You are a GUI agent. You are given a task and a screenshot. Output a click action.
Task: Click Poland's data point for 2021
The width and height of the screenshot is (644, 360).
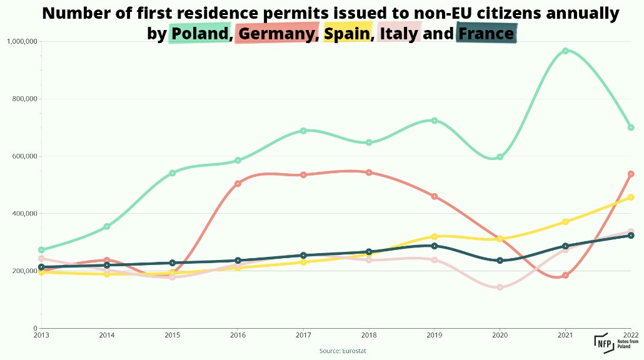565,51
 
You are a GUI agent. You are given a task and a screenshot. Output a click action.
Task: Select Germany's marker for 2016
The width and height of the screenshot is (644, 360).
238,184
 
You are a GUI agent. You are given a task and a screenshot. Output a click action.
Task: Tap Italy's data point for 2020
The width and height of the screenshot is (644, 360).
500,287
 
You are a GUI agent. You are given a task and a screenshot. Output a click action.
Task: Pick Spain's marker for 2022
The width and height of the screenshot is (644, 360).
631,197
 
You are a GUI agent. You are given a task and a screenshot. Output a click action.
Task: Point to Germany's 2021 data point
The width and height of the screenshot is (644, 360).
565,275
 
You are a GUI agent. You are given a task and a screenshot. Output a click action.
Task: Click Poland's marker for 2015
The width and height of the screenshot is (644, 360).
172,173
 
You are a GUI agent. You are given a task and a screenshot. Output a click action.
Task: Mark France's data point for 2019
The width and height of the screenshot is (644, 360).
434,246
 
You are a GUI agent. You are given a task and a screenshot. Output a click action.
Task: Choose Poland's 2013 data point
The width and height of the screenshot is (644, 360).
41,250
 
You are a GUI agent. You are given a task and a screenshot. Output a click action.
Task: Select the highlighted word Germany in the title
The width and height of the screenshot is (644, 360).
275,33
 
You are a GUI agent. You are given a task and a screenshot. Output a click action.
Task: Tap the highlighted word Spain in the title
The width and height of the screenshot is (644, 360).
346,33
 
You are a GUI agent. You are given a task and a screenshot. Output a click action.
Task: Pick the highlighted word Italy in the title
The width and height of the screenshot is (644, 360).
398,33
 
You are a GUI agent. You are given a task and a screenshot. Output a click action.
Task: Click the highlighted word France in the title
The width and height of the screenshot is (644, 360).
486,33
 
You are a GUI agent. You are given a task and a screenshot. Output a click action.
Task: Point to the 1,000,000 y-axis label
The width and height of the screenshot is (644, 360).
22,41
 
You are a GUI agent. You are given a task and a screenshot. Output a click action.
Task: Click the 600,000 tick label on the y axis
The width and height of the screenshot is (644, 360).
24,156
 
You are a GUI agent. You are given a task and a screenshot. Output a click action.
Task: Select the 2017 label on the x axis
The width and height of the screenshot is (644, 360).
303,336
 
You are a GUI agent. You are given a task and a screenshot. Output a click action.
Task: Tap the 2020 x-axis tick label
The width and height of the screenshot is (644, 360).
500,336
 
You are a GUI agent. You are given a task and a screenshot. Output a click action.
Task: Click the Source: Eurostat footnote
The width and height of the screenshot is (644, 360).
343,351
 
